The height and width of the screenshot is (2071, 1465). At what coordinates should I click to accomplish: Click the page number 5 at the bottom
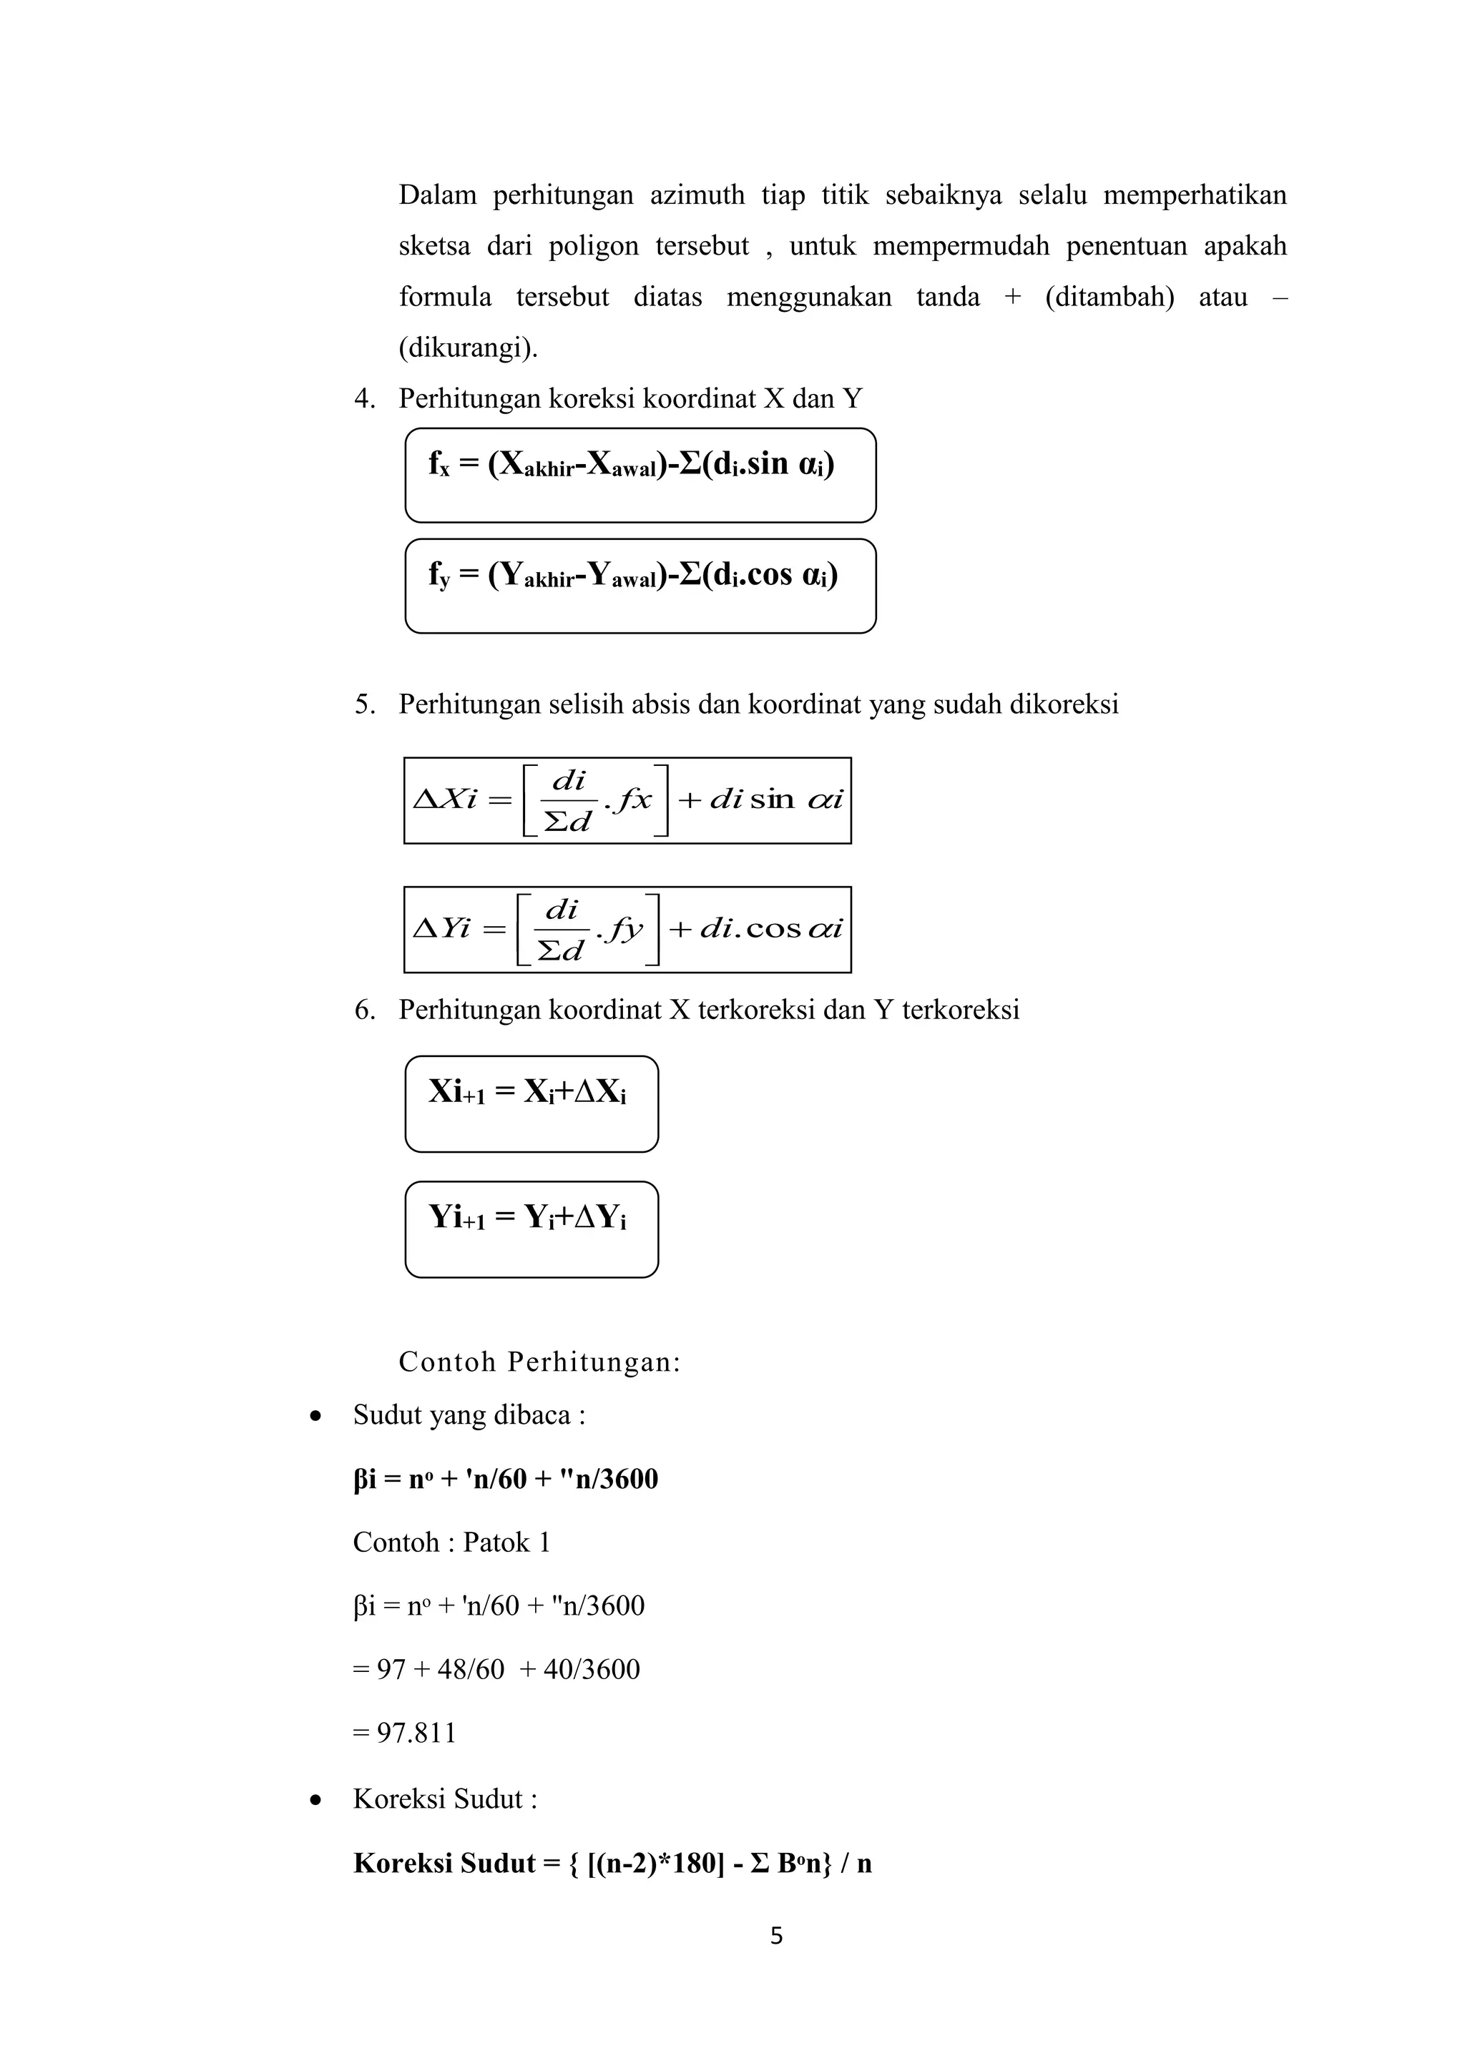pyautogui.click(x=776, y=1936)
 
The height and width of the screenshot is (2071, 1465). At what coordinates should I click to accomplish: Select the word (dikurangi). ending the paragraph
pyautogui.click(x=469, y=348)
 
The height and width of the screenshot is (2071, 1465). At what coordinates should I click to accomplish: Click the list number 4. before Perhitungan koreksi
pyautogui.click(x=364, y=399)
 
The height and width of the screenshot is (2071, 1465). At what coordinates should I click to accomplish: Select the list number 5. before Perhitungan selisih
pyautogui.click(x=364, y=704)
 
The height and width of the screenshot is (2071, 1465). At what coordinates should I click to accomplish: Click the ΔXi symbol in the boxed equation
pyautogui.click(x=445, y=800)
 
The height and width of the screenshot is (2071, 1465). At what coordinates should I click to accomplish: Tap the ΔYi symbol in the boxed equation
pyautogui.click(x=442, y=928)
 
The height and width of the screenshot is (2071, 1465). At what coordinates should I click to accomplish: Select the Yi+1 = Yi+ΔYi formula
pyautogui.click(x=528, y=1219)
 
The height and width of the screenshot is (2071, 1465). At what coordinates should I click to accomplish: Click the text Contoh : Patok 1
pyautogui.click(x=451, y=1543)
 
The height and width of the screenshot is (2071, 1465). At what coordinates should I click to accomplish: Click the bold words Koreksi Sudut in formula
pyautogui.click(x=444, y=1863)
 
